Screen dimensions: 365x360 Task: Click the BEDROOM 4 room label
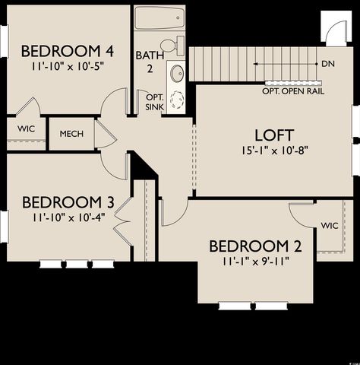coord(68,52)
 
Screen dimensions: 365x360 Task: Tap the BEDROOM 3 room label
coord(68,202)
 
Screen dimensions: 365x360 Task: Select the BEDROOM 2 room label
coord(256,246)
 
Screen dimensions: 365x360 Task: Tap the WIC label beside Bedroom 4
coord(26,129)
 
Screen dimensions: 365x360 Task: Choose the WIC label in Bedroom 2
coord(330,226)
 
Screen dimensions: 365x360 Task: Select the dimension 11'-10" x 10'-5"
coord(68,66)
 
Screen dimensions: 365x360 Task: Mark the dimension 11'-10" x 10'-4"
coord(68,217)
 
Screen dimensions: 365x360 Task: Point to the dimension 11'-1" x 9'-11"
coord(256,261)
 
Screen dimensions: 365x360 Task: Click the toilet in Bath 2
coord(173,45)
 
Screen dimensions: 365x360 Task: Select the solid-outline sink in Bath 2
coord(175,75)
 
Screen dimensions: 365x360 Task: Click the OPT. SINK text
coord(154,102)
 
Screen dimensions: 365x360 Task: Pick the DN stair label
coord(328,64)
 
